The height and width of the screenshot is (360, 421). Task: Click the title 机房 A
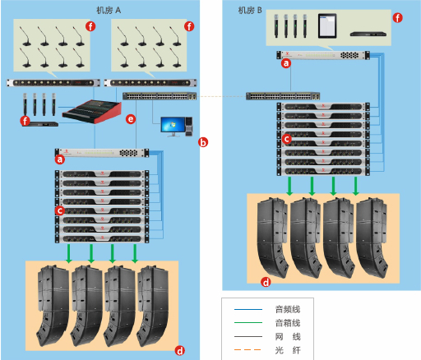(109, 11)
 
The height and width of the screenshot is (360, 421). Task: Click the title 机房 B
(250, 11)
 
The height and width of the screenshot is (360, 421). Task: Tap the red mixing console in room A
(92, 112)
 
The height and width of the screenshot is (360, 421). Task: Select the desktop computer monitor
(173, 127)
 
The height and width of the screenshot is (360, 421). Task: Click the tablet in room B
(327, 26)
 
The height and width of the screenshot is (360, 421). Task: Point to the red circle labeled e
(131, 119)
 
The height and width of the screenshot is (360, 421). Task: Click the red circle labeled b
(203, 142)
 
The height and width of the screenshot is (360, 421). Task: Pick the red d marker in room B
(266, 282)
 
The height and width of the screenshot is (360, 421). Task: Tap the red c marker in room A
(59, 210)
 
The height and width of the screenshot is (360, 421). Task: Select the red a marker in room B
(286, 63)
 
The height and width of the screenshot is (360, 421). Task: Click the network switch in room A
(160, 96)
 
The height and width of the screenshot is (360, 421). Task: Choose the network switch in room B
(283, 96)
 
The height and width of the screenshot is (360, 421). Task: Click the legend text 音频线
(288, 309)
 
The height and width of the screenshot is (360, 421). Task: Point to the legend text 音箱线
(288, 323)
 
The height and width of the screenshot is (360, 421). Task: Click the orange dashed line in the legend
(248, 349)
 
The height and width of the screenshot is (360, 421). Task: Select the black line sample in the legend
(248, 336)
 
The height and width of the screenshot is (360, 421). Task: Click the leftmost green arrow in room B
(289, 186)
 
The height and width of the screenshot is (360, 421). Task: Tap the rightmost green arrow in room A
(135, 254)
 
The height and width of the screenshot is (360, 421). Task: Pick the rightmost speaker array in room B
(372, 238)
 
